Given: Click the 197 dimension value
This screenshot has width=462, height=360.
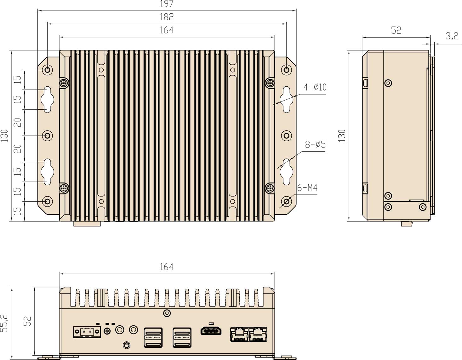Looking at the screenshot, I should point(167,4).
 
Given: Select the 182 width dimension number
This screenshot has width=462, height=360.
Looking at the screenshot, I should point(167,17).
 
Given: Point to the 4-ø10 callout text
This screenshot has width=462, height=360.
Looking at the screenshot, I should point(315,87).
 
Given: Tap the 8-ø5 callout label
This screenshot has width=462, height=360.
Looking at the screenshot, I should point(315,145).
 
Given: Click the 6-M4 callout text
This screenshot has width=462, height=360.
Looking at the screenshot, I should point(307,188).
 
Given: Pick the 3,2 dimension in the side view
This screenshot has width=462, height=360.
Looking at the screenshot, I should point(452,36).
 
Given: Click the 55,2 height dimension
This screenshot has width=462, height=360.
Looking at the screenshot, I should point(4,323).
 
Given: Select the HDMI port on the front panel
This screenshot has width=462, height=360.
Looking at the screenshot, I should point(211,331).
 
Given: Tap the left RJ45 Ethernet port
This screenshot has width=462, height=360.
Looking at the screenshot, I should point(239,334).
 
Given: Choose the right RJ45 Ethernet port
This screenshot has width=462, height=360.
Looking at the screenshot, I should point(258,334).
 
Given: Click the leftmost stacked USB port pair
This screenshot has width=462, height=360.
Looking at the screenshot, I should point(153,337).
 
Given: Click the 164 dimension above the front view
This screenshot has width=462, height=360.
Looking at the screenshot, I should point(167,267).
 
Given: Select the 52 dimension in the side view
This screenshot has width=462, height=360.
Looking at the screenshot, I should point(396,30).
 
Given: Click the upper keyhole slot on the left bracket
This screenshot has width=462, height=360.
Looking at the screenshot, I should point(47,100).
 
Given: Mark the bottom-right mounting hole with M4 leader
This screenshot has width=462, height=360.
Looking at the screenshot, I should point(286,201).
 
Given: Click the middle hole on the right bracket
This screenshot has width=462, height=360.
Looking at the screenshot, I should point(286,136).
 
